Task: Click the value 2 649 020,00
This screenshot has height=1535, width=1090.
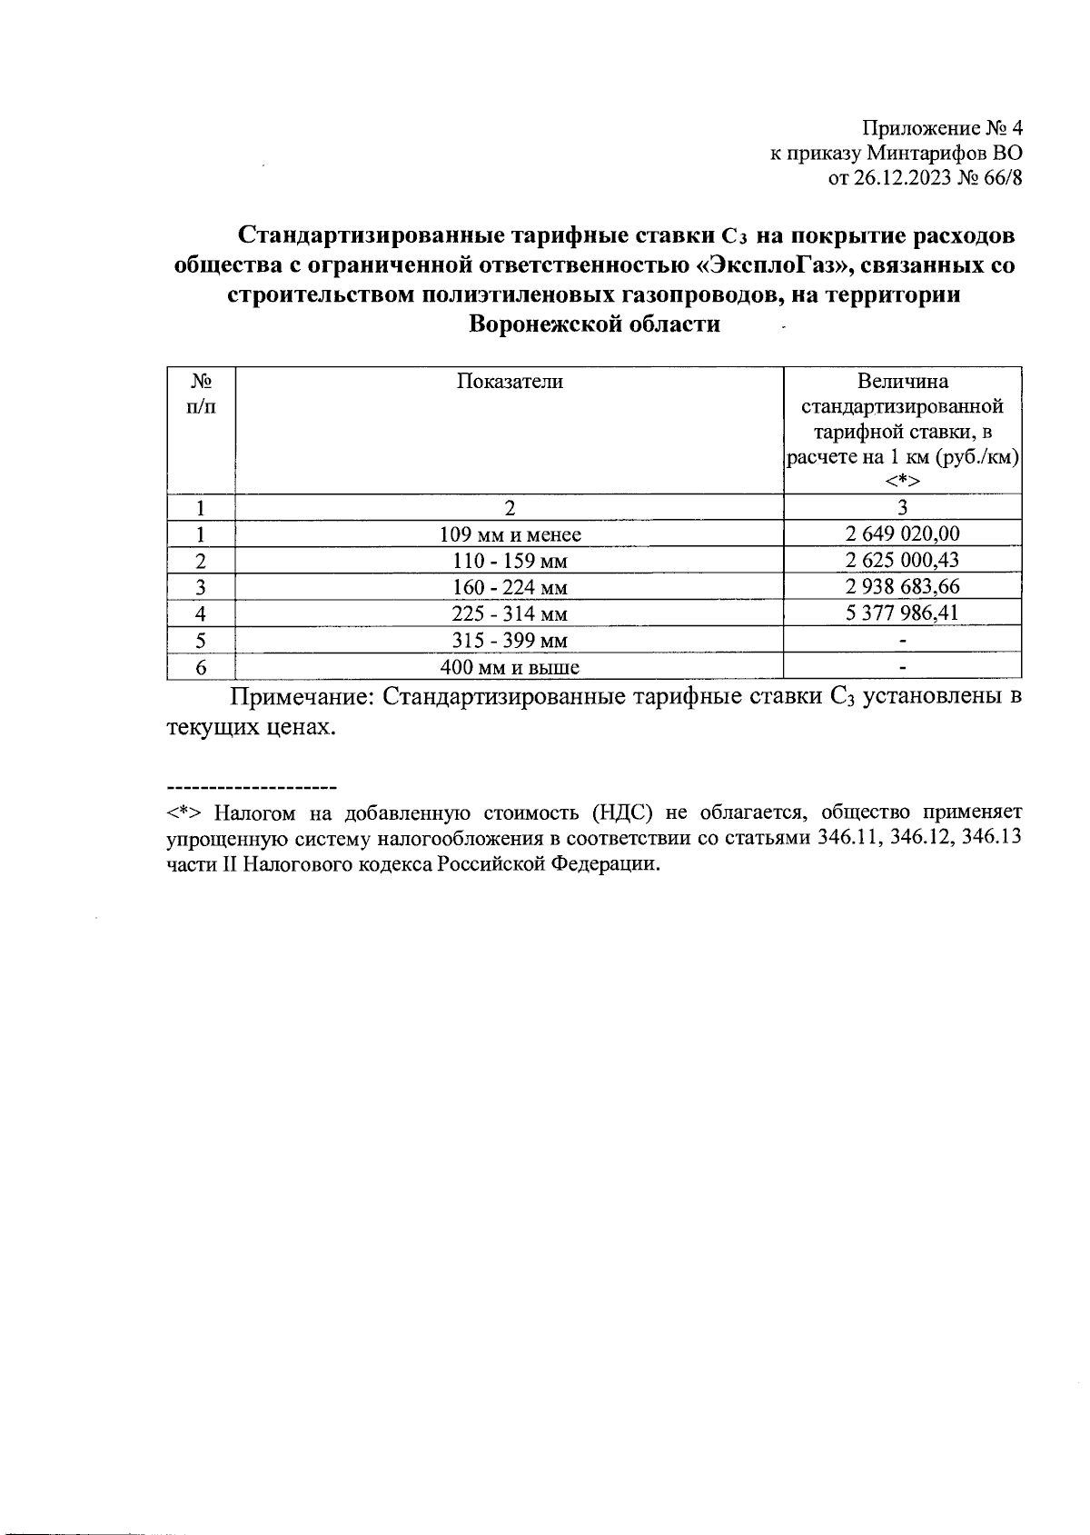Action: [x=902, y=533]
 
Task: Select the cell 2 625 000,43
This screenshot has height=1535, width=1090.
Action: [x=902, y=560]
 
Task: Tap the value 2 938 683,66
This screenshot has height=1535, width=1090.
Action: [x=902, y=586]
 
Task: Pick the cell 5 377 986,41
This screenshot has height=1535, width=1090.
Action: [x=902, y=613]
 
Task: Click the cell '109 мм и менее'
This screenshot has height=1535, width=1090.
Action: [x=509, y=534]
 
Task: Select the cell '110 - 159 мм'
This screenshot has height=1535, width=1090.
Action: [x=509, y=561]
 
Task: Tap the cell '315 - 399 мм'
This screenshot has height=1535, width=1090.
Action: [x=509, y=641]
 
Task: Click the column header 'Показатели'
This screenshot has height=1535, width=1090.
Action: [x=509, y=382]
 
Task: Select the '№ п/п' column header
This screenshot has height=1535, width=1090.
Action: [x=201, y=394]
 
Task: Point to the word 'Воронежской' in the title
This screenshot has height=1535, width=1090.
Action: [x=539, y=324]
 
